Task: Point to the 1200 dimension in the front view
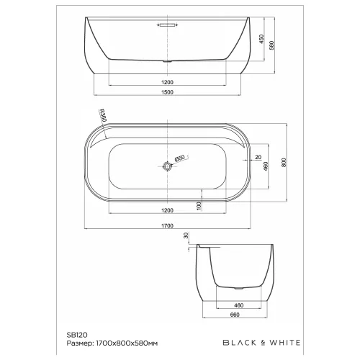pyautogui.click(x=168, y=81)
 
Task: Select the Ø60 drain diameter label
pyautogui.click(x=181, y=158)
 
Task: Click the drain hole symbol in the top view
pyautogui.click(x=168, y=166)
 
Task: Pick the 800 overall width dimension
pyautogui.click(x=285, y=163)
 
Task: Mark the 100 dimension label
pyautogui.click(x=199, y=205)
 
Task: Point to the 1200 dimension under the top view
pyautogui.click(x=168, y=211)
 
